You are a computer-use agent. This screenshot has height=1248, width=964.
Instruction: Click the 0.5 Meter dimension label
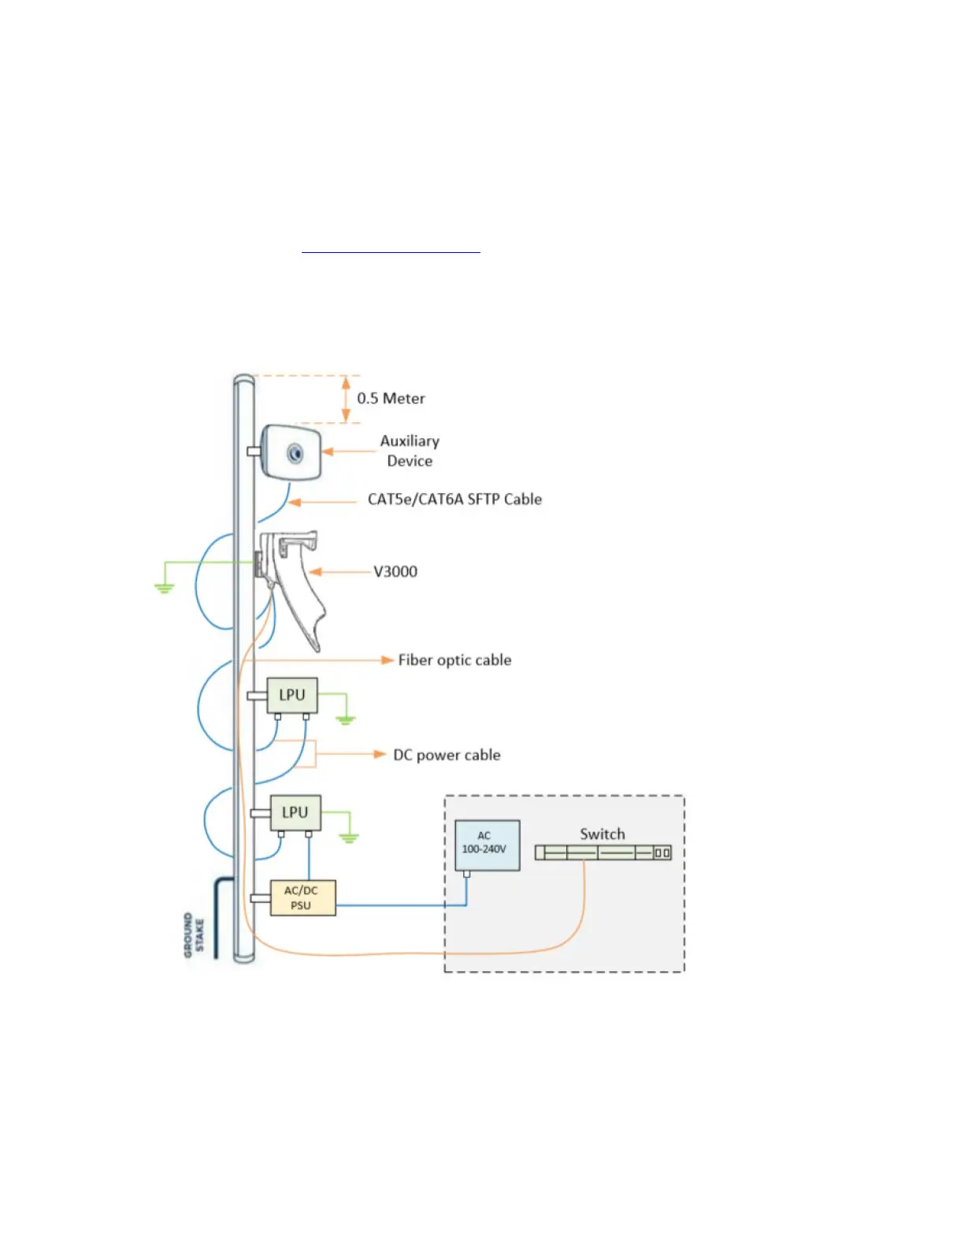coord(391,399)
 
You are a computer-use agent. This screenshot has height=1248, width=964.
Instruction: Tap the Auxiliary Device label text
coord(410,451)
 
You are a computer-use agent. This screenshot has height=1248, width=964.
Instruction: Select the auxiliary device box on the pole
coord(291,452)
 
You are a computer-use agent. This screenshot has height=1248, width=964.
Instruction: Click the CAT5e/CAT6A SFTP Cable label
coord(454,500)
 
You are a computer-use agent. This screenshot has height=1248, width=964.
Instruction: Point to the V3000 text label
coord(395,572)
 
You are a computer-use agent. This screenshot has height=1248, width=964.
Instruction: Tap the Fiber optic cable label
coord(454,660)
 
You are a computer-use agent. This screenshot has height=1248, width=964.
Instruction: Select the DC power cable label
coord(447,755)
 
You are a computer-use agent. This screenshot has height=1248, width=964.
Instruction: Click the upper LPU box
coord(292,695)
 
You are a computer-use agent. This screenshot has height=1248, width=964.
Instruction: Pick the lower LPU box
coord(295,812)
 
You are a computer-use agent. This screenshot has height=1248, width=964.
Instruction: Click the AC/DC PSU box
coord(302,897)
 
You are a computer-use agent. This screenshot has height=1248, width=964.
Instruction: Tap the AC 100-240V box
coord(487,845)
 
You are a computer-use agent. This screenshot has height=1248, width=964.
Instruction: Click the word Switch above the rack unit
coord(602,834)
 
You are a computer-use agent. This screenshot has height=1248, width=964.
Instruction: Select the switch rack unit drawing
coord(602,852)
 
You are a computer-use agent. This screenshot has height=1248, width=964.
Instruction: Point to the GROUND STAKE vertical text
coord(193,935)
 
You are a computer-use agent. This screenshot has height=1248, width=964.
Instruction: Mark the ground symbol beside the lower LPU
coord(349,837)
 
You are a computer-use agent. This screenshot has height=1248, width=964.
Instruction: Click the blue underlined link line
coord(391,253)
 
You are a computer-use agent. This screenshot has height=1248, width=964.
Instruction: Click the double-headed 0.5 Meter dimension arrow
coord(345,399)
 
